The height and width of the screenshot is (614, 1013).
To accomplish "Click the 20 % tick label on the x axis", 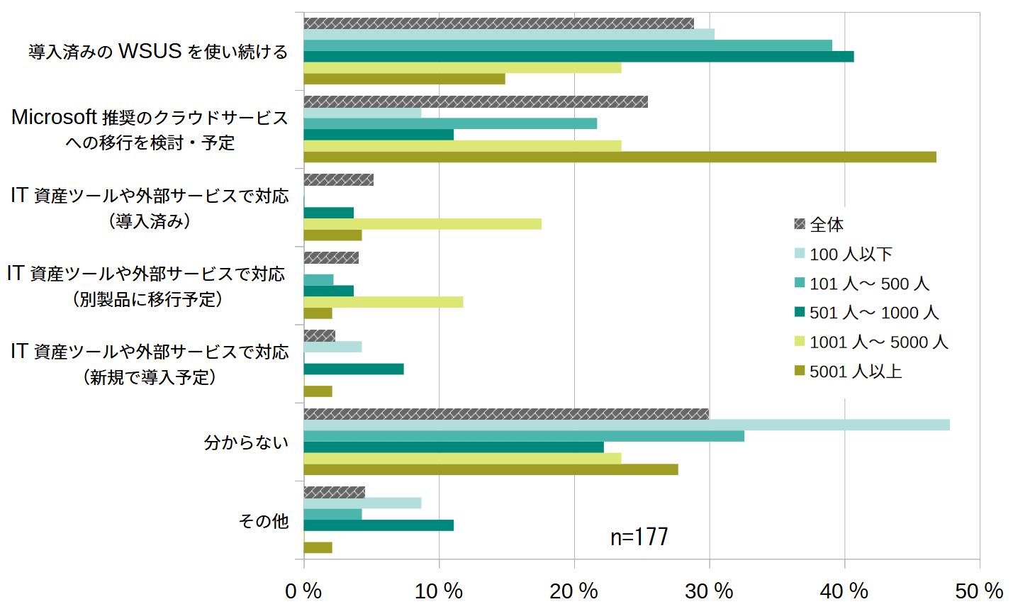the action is pos(573,591).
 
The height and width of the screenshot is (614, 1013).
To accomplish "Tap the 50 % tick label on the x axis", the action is pos(979,591).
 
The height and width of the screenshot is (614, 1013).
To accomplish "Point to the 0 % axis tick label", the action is pos(303,591).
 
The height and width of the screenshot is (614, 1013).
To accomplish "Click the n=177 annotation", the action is pos(639,537).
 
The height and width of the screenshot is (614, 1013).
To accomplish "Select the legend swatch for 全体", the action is pos(800,224).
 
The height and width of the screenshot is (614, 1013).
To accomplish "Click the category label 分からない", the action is pos(246,442).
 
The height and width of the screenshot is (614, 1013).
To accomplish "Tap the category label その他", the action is pos(264,521).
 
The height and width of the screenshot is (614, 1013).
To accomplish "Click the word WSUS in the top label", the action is pos(150,51).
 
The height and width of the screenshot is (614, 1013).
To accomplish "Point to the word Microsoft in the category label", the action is pos(55,117).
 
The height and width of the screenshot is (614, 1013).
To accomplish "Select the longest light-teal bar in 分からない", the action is pos(627,425).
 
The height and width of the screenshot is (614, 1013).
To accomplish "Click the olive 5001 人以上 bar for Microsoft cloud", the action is pos(620,157).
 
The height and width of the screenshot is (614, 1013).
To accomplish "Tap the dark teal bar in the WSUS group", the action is pos(579,57).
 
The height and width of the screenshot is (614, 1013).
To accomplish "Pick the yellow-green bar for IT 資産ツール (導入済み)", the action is pos(422,224).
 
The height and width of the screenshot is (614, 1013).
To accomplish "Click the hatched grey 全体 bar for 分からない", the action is pos(506,414).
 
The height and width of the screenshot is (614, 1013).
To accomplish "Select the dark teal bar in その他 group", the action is pos(379,525).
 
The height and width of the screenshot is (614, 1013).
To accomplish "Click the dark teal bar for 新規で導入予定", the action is pos(354,369).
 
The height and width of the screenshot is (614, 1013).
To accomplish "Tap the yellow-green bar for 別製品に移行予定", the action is pos(384,302).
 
